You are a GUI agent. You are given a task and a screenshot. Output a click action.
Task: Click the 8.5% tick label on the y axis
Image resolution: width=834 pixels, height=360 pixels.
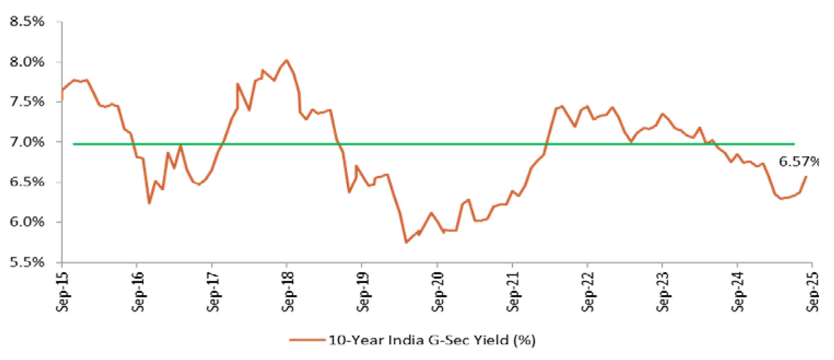(27, 22)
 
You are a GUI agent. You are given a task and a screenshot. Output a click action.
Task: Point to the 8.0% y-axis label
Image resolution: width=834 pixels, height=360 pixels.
(27, 62)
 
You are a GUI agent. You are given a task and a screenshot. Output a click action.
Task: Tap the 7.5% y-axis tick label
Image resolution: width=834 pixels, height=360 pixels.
(27, 102)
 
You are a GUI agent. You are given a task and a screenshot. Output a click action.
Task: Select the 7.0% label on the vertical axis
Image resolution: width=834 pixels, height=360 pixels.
(27, 142)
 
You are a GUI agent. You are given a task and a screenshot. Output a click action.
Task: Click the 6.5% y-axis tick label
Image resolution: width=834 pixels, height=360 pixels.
(27, 182)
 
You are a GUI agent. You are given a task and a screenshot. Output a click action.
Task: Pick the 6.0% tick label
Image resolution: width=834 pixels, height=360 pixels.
(27, 222)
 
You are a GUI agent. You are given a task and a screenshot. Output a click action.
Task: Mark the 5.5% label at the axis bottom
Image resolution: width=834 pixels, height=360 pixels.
(27, 262)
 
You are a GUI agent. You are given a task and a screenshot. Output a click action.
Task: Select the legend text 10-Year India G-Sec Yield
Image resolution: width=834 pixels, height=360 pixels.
(432, 340)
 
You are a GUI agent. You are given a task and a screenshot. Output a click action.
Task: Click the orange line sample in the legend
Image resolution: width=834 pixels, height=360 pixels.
(307, 340)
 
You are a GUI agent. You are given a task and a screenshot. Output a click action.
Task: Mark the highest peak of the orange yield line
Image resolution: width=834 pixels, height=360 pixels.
(287, 60)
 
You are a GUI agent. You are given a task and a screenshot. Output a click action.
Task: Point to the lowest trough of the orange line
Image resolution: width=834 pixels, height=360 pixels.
(406, 242)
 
